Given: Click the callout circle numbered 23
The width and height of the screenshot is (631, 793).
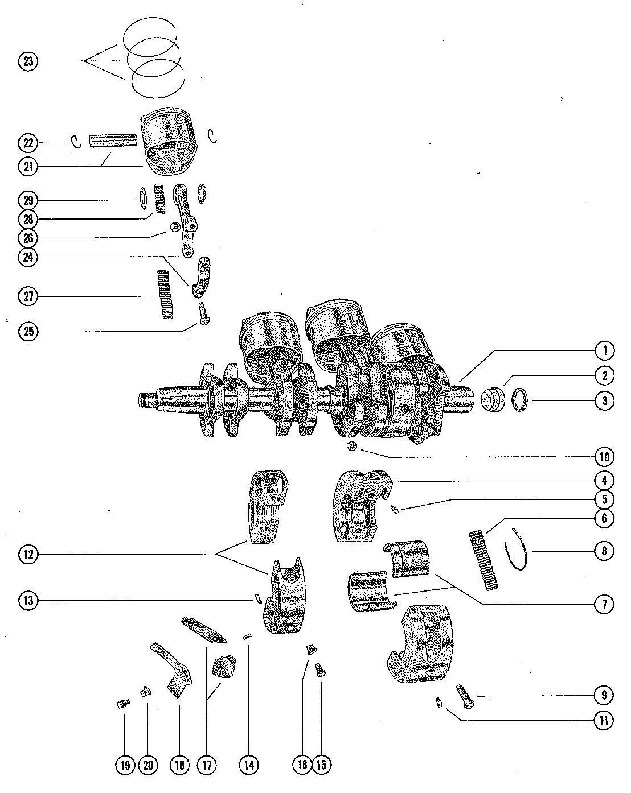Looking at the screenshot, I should [28, 61].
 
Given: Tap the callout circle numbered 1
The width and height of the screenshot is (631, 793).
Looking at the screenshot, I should [605, 350].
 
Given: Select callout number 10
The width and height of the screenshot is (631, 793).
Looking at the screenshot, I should [605, 457].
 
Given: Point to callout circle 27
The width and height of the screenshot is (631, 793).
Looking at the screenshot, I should [28, 296].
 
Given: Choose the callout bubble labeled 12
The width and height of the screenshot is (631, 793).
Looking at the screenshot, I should [28, 554].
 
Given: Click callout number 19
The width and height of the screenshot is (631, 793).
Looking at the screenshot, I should [125, 765].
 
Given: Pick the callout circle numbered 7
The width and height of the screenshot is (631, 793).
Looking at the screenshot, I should [605, 604].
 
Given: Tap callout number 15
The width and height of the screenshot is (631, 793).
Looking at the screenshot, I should [321, 765].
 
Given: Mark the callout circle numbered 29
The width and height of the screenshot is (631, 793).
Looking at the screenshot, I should [28, 200].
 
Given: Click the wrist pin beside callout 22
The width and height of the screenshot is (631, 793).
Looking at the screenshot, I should [114, 140].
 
